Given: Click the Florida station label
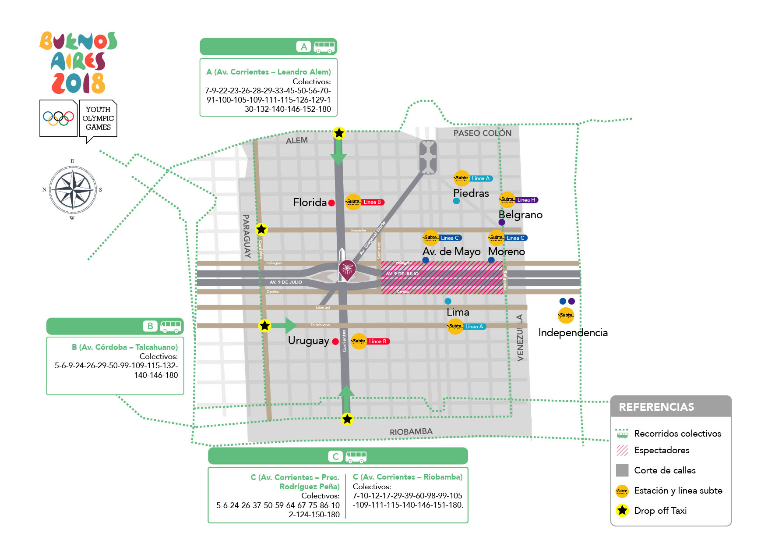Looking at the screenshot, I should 310,203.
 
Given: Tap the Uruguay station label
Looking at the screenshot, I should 308,341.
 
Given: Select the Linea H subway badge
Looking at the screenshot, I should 525,200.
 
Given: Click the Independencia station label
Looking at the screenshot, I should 573,333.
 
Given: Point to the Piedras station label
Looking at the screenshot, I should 471,193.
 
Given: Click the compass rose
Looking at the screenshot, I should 73,190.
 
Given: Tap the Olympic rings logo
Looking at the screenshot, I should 58,118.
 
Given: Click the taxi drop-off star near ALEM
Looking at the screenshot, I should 339,133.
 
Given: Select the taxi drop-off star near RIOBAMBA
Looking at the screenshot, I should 347,419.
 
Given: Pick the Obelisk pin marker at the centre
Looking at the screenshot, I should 347,269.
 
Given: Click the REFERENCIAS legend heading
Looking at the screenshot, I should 656,407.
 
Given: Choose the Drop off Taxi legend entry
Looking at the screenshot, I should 660,511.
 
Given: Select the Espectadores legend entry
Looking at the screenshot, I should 661,450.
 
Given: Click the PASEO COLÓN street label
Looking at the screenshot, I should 482,133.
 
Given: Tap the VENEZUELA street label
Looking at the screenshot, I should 520,338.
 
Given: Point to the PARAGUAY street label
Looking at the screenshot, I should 247,236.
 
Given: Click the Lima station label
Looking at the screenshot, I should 458,313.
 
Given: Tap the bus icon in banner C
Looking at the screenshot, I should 356,456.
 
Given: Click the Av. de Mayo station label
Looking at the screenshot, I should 451,252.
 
